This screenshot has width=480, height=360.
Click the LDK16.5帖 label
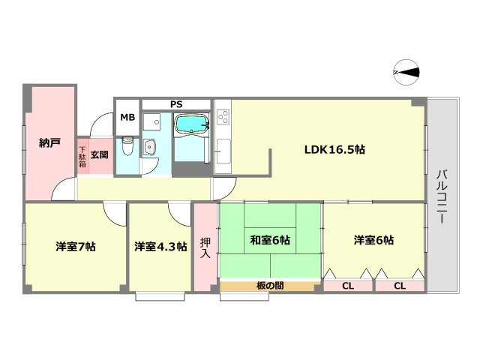pos(334,149)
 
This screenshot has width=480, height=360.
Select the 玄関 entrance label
pos(99,154)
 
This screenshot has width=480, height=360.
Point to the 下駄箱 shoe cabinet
pos(82,154)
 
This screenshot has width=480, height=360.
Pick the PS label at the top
pos(175,103)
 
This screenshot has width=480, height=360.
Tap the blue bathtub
pos(192,124)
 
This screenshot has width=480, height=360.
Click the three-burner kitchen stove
pos(223,118)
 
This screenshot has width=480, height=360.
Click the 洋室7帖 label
pos(75,246)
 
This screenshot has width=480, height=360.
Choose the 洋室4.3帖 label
pos(160,246)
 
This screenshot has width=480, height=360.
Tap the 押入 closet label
pos(205,248)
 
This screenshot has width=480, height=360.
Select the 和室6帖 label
pos(270,240)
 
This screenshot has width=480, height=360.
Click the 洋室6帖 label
pos(374,240)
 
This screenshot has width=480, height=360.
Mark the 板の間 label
pos(268,286)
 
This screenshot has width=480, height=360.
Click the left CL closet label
pos(348,286)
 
